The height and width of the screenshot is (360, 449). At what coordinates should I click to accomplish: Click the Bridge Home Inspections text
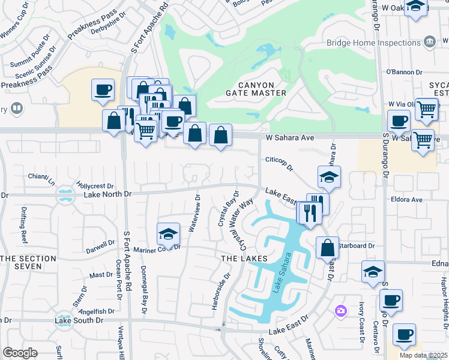[373, 43]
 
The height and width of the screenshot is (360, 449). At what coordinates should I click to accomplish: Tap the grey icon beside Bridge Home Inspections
[429, 42]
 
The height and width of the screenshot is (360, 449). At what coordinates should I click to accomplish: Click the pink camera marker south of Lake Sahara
[341, 310]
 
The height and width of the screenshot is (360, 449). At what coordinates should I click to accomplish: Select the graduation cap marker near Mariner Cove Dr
[169, 234]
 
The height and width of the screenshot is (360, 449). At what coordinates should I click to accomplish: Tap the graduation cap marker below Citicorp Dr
[329, 177]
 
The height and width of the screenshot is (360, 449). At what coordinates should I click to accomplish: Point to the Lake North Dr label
[107, 194]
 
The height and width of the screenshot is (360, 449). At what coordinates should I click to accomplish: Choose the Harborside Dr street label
[220, 292]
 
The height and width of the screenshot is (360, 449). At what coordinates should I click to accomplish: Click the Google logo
[20, 352]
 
